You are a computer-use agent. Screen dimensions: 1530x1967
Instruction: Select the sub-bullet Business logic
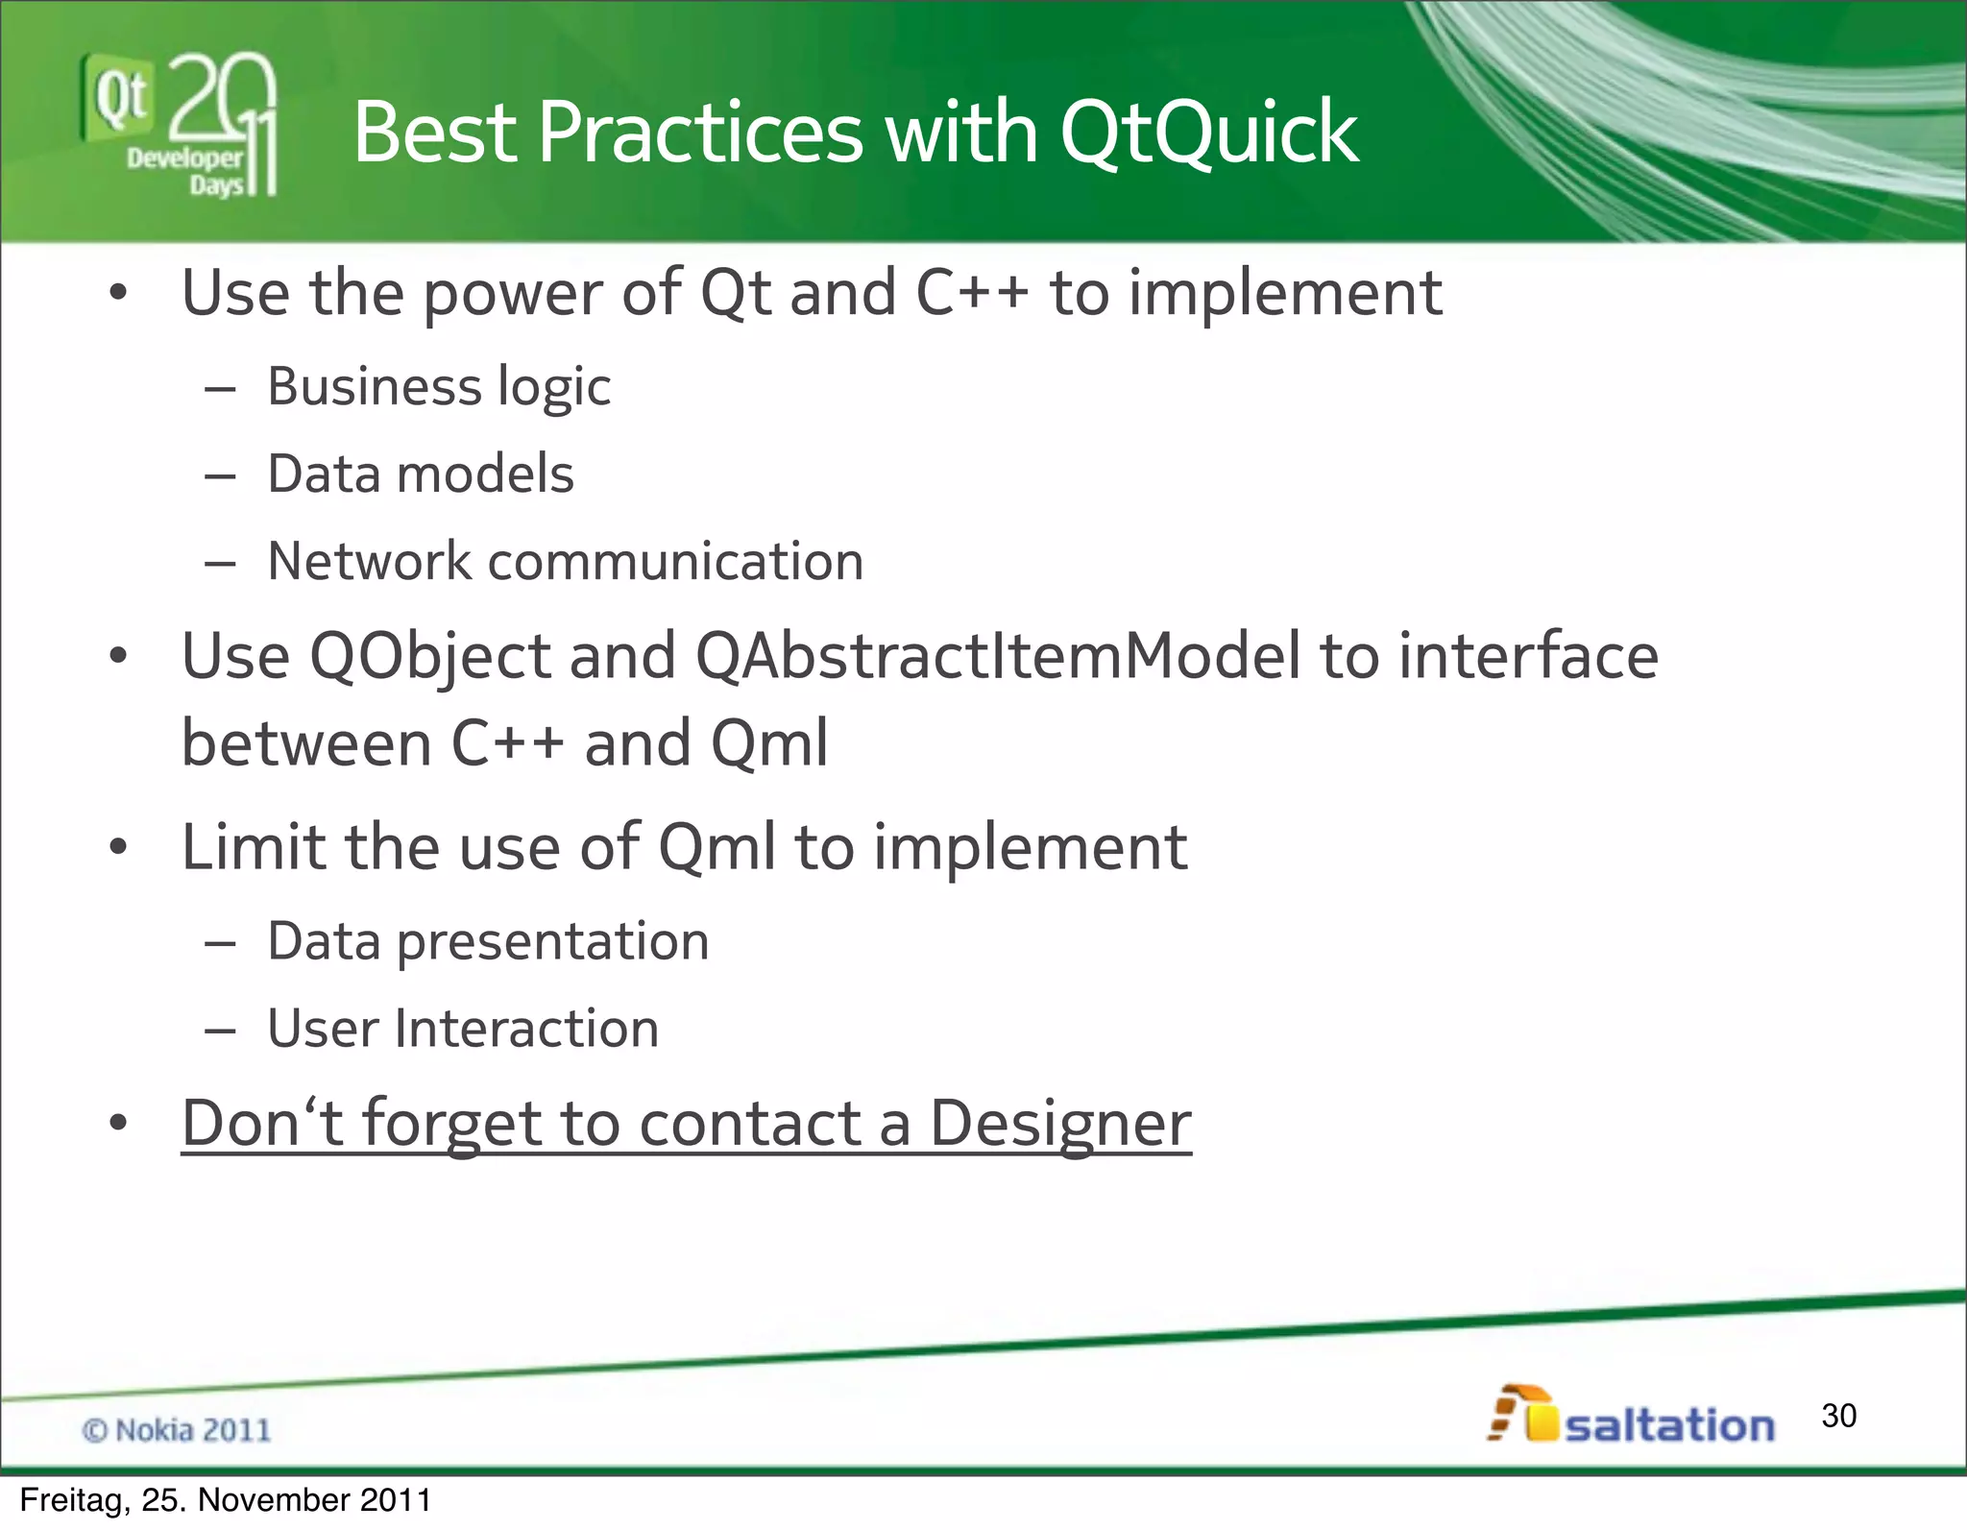[x=438, y=387]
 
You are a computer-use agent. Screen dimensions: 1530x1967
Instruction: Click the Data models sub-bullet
[x=420, y=474]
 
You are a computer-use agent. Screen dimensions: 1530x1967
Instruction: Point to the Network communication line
[x=565, y=562]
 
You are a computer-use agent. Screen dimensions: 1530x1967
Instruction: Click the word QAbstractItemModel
[x=996, y=656]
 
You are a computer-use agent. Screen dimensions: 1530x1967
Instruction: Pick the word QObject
[x=429, y=658]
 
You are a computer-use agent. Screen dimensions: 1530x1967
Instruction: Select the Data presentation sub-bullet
[x=488, y=941]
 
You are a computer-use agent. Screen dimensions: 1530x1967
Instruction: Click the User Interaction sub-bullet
[x=463, y=1029]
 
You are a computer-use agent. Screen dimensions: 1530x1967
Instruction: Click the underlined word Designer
[x=1059, y=1123]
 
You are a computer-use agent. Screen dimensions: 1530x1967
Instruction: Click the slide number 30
[x=1838, y=1416]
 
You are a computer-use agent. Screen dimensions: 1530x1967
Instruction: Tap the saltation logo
[x=1632, y=1416]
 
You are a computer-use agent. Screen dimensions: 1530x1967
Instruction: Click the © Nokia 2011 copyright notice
[x=177, y=1430]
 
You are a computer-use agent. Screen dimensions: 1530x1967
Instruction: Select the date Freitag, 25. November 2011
[x=225, y=1500]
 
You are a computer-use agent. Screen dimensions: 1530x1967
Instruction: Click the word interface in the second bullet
[x=1528, y=656]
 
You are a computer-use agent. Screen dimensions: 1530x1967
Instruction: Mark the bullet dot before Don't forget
[x=118, y=1123]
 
